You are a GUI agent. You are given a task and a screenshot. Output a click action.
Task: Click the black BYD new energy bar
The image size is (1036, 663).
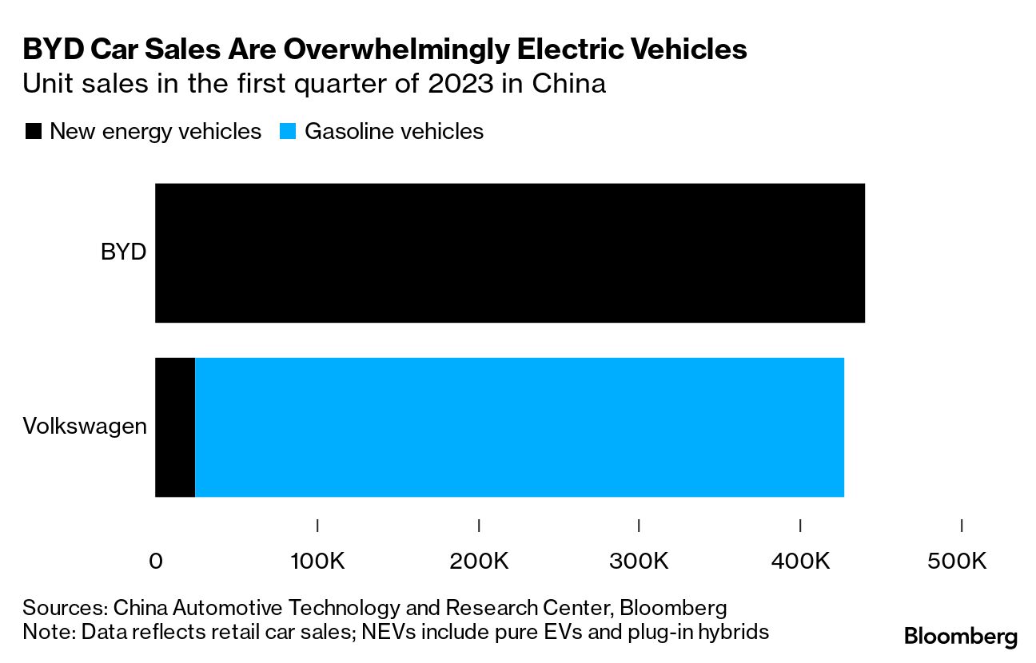(509, 253)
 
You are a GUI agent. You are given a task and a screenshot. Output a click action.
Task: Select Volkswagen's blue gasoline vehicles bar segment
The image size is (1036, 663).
(520, 427)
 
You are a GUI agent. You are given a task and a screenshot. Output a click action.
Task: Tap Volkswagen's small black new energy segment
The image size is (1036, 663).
(175, 427)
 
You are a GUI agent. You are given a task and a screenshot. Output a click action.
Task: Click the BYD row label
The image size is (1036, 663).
(124, 253)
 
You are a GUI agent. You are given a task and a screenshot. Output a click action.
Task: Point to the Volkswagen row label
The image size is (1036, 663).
(85, 427)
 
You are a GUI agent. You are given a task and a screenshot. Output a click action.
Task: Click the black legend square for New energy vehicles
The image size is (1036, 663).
(34, 131)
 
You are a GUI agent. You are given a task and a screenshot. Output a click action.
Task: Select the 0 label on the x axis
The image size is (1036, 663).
(157, 561)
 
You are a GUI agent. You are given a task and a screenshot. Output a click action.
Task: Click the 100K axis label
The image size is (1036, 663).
(317, 561)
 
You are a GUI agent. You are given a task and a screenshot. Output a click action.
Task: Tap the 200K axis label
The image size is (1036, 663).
(479, 561)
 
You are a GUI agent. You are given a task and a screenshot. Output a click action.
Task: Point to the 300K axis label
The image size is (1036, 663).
(639, 561)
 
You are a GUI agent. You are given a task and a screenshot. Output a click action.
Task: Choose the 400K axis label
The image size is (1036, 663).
(800, 561)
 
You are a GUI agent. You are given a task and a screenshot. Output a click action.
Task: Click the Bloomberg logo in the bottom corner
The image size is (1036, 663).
(961, 637)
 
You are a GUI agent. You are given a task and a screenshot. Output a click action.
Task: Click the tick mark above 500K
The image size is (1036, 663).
(961, 525)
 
